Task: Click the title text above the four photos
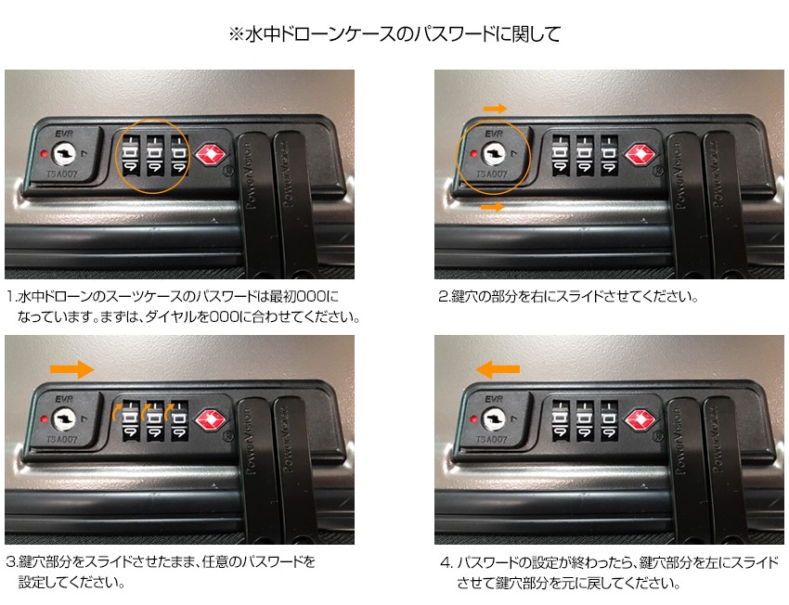pos(394,34)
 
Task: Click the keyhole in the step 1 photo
pos(64,153)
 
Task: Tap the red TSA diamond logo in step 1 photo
pos(210,154)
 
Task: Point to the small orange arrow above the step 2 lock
pos(495,109)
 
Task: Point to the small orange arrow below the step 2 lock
pos(493,207)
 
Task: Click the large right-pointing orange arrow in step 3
pos(72,369)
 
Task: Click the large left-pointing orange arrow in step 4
pos(498,369)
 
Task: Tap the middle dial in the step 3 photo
pos(154,421)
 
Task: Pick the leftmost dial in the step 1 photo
pos(130,155)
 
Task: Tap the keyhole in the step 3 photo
pos(64,418)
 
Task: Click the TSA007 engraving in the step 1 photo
pos(61,174)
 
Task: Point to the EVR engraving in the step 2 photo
pos(494,134)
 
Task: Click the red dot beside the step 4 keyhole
pos(473,418)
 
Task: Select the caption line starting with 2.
pos(568,296)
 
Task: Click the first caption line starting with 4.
pos(609,561)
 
